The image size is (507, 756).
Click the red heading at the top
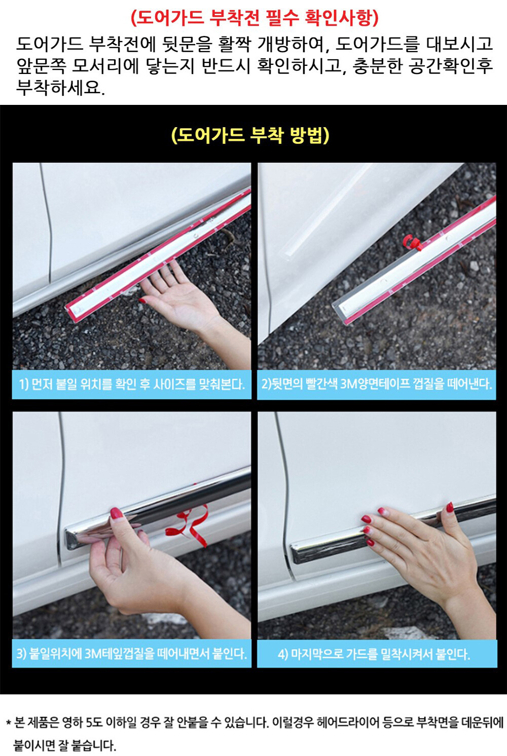tap(255, 18)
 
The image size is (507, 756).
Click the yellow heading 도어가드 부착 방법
tap(250, 135)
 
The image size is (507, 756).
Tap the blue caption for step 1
tap(132, 385)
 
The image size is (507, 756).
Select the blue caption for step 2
tap(377, 385)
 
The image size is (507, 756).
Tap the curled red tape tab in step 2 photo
tap(411, 242)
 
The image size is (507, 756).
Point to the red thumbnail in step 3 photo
tap(116, 513)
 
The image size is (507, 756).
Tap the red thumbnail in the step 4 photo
tap(450, 507)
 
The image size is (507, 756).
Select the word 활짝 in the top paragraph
tap(235, 45)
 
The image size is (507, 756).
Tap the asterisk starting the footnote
tap(9, 723)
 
